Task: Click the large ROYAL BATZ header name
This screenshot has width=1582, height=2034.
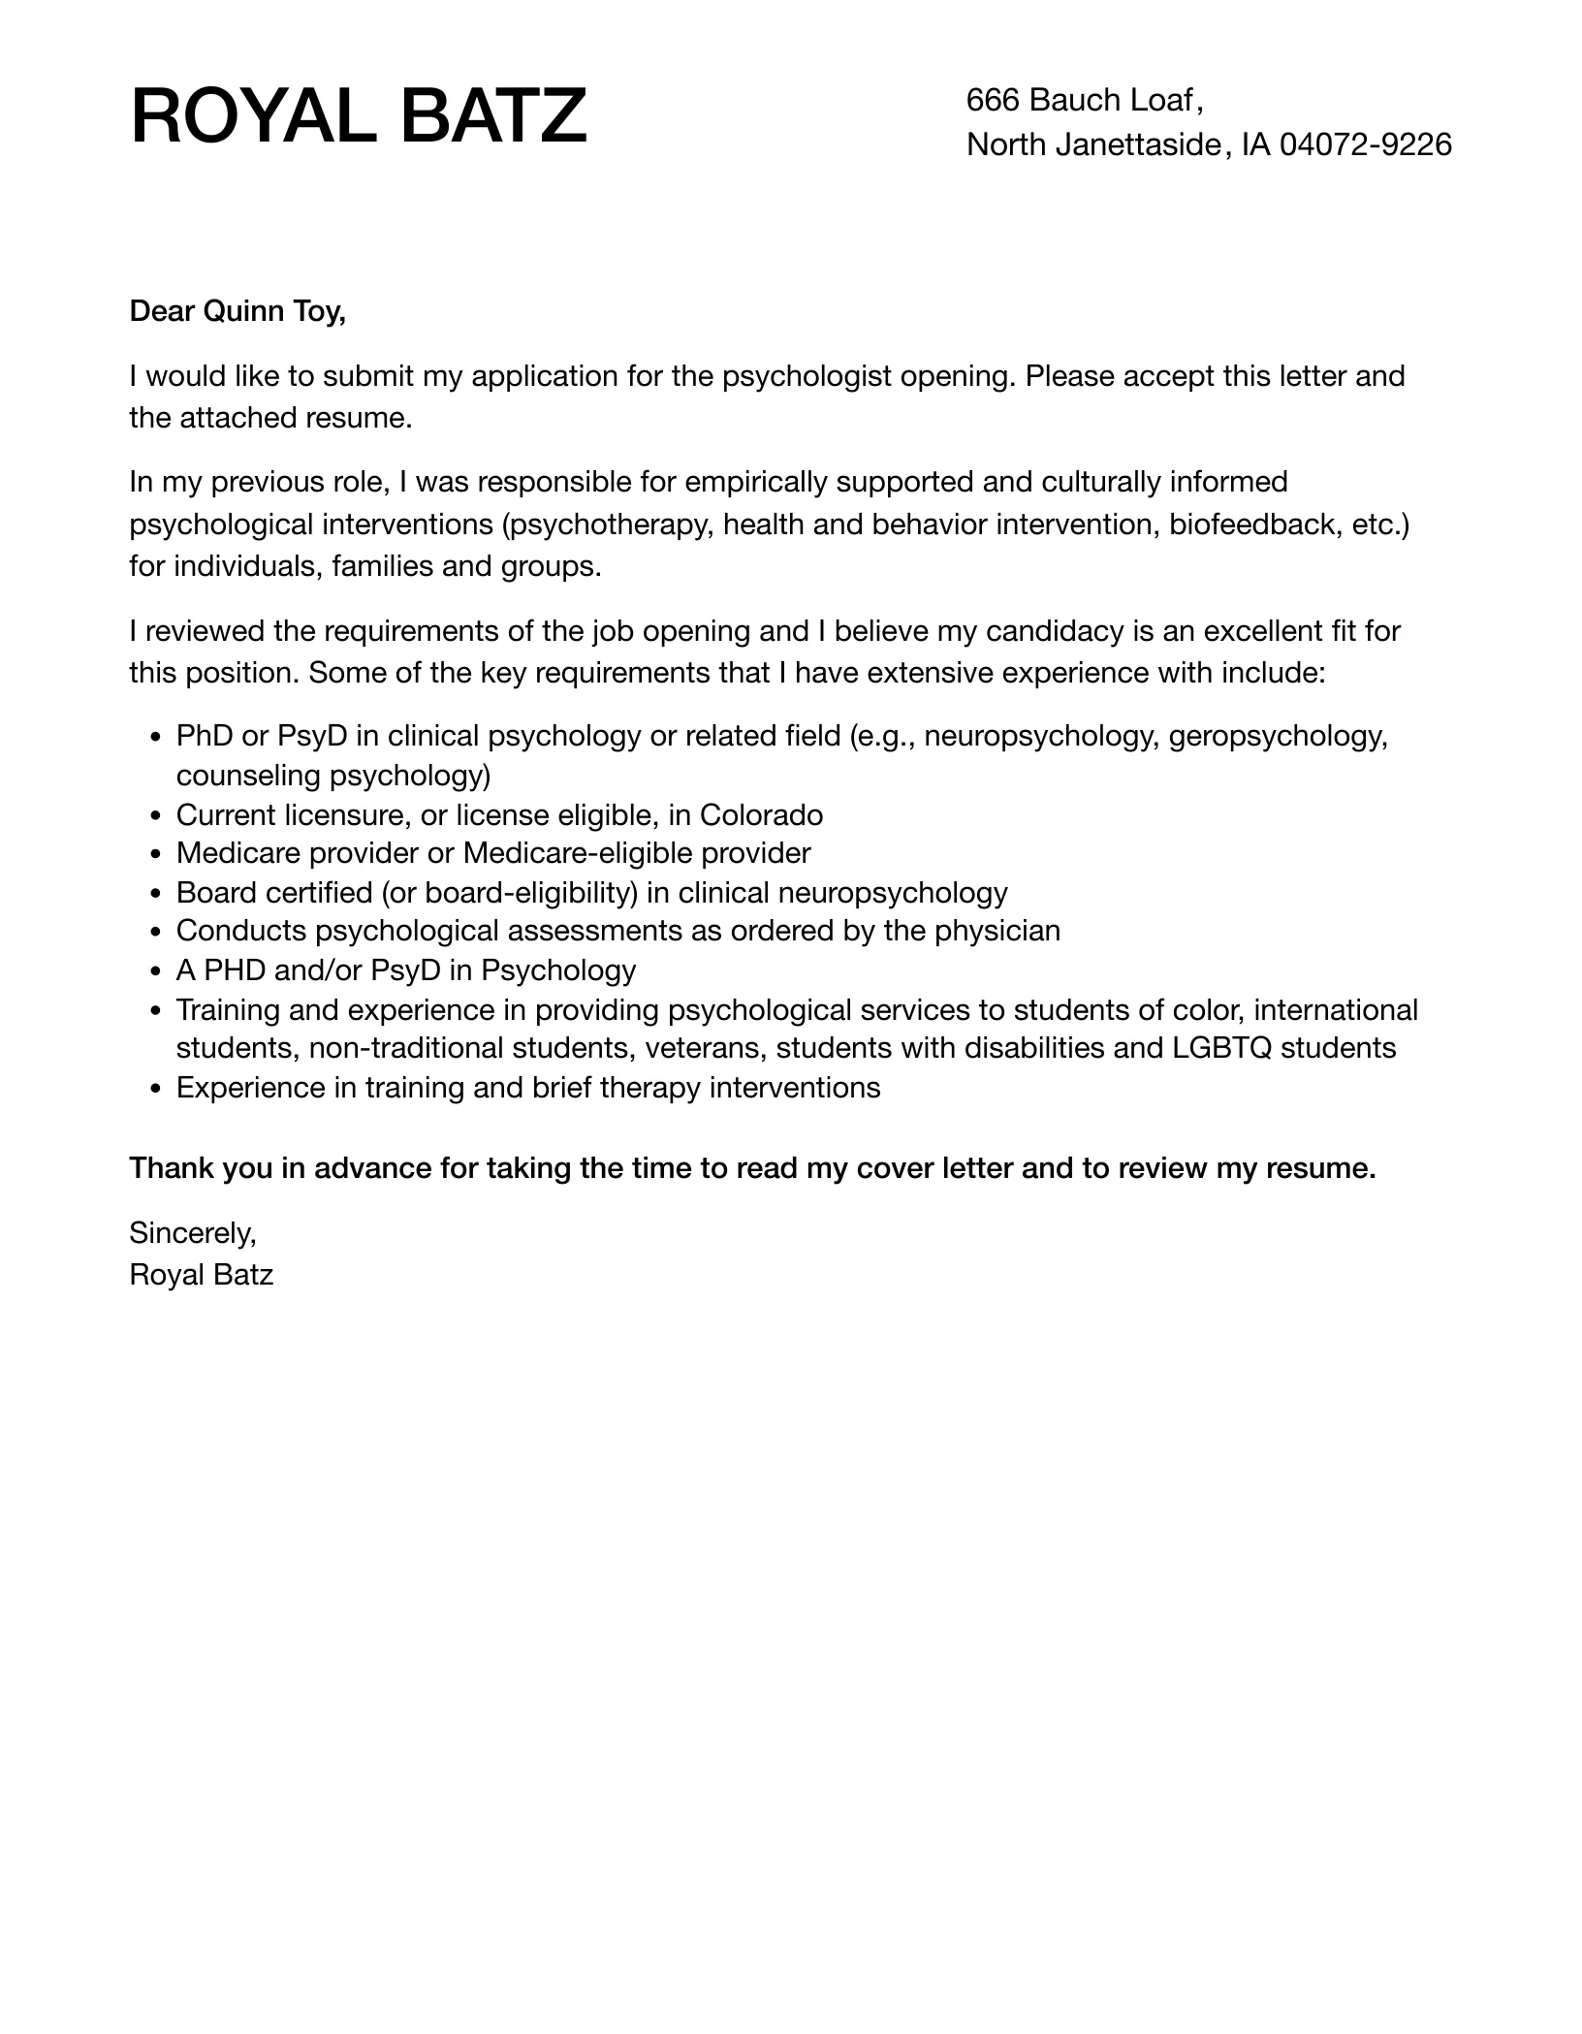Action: click(x=359, y=116)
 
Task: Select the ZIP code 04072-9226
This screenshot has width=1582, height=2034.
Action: click(x=1365, y=144)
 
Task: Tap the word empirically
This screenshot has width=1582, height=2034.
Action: click(x=755, y=482)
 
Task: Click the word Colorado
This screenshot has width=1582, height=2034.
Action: click(x=761, y=815)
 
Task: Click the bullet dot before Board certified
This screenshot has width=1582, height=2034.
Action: click(x=156, y=894)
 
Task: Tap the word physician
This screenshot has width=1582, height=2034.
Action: click(x=997, y=931)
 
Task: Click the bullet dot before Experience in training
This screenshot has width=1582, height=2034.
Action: click(x=156, y=1089)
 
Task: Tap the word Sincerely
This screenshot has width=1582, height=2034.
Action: click(x=192, y=1233)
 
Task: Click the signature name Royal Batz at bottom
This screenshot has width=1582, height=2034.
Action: click(x=202, y=1274)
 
